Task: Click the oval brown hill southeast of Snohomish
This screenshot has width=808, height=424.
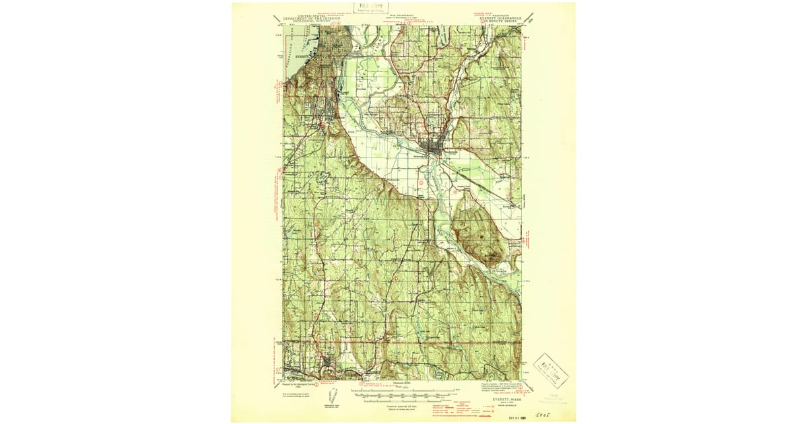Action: click(x=477, y=232)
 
